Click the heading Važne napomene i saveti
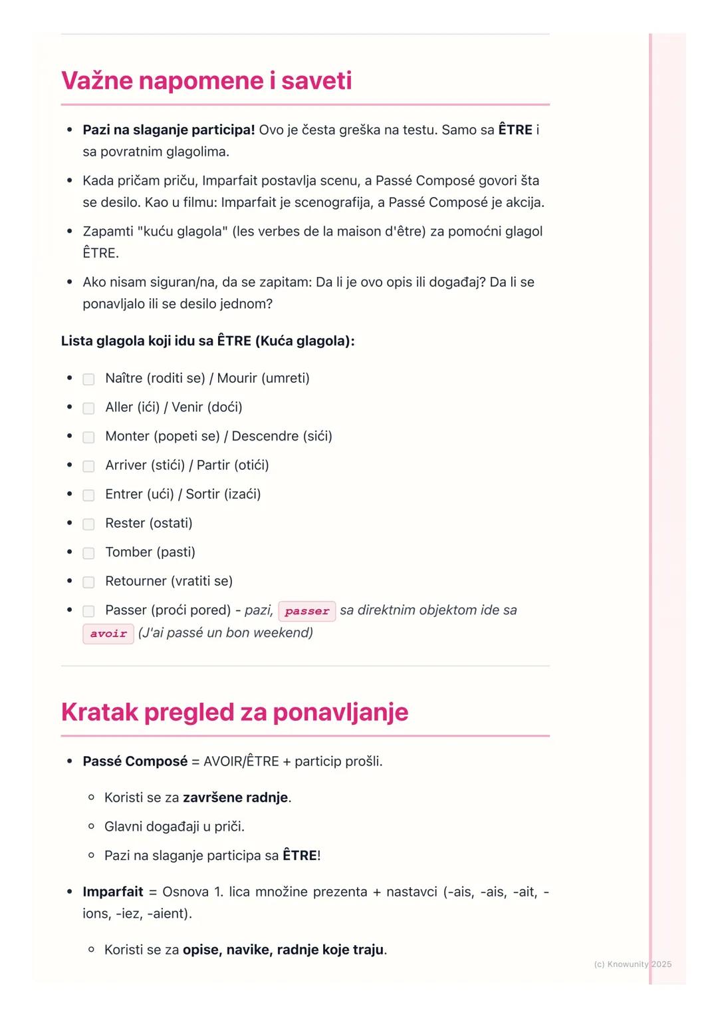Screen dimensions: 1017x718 click(206, 81)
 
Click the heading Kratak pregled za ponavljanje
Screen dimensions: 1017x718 click(234, 712)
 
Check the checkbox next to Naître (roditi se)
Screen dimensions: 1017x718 click(88, 379)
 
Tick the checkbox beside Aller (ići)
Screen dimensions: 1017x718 click(88, 408)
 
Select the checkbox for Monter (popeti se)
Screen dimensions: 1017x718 click(88, 437)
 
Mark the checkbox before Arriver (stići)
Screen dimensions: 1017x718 click(88, 466)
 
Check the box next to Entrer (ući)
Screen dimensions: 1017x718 click(88, 495)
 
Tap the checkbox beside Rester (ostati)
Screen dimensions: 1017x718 click(88, 524)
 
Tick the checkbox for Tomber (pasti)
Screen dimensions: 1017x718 click(88, 553)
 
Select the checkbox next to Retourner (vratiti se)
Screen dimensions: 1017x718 click(88, 582)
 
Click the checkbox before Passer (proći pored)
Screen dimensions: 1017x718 click(88, 611)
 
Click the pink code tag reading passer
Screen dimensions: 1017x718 click(306, 611)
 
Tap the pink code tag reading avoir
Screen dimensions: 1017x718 click(108, 634)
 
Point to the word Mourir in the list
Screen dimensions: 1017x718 click(237, 378)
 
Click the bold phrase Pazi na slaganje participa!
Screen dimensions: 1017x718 click(169, 130)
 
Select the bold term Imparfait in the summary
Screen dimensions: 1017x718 click(113, 891)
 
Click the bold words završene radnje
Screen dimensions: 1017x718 click(235, 797)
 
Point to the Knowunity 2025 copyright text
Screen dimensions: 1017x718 click(632, 964)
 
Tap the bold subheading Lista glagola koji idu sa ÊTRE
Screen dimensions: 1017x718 click(207, 341)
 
